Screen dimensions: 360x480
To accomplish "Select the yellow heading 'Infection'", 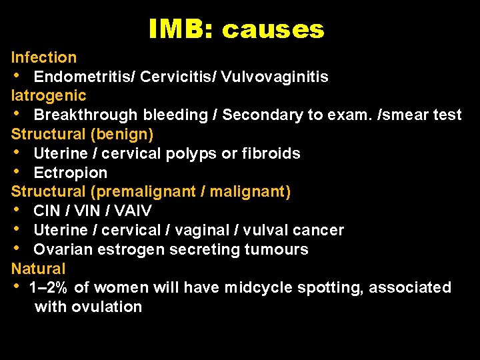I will [44, 57].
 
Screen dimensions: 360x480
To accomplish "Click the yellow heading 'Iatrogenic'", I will [49, 95].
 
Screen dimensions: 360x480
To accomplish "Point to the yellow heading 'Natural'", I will [39, 269].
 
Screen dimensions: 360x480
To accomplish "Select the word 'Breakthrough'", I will [79, 115].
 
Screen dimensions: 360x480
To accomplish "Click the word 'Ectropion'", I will [70, 173].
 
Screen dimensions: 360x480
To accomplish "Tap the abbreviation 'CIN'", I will [47, 211].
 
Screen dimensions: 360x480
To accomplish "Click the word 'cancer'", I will [319, 230].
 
